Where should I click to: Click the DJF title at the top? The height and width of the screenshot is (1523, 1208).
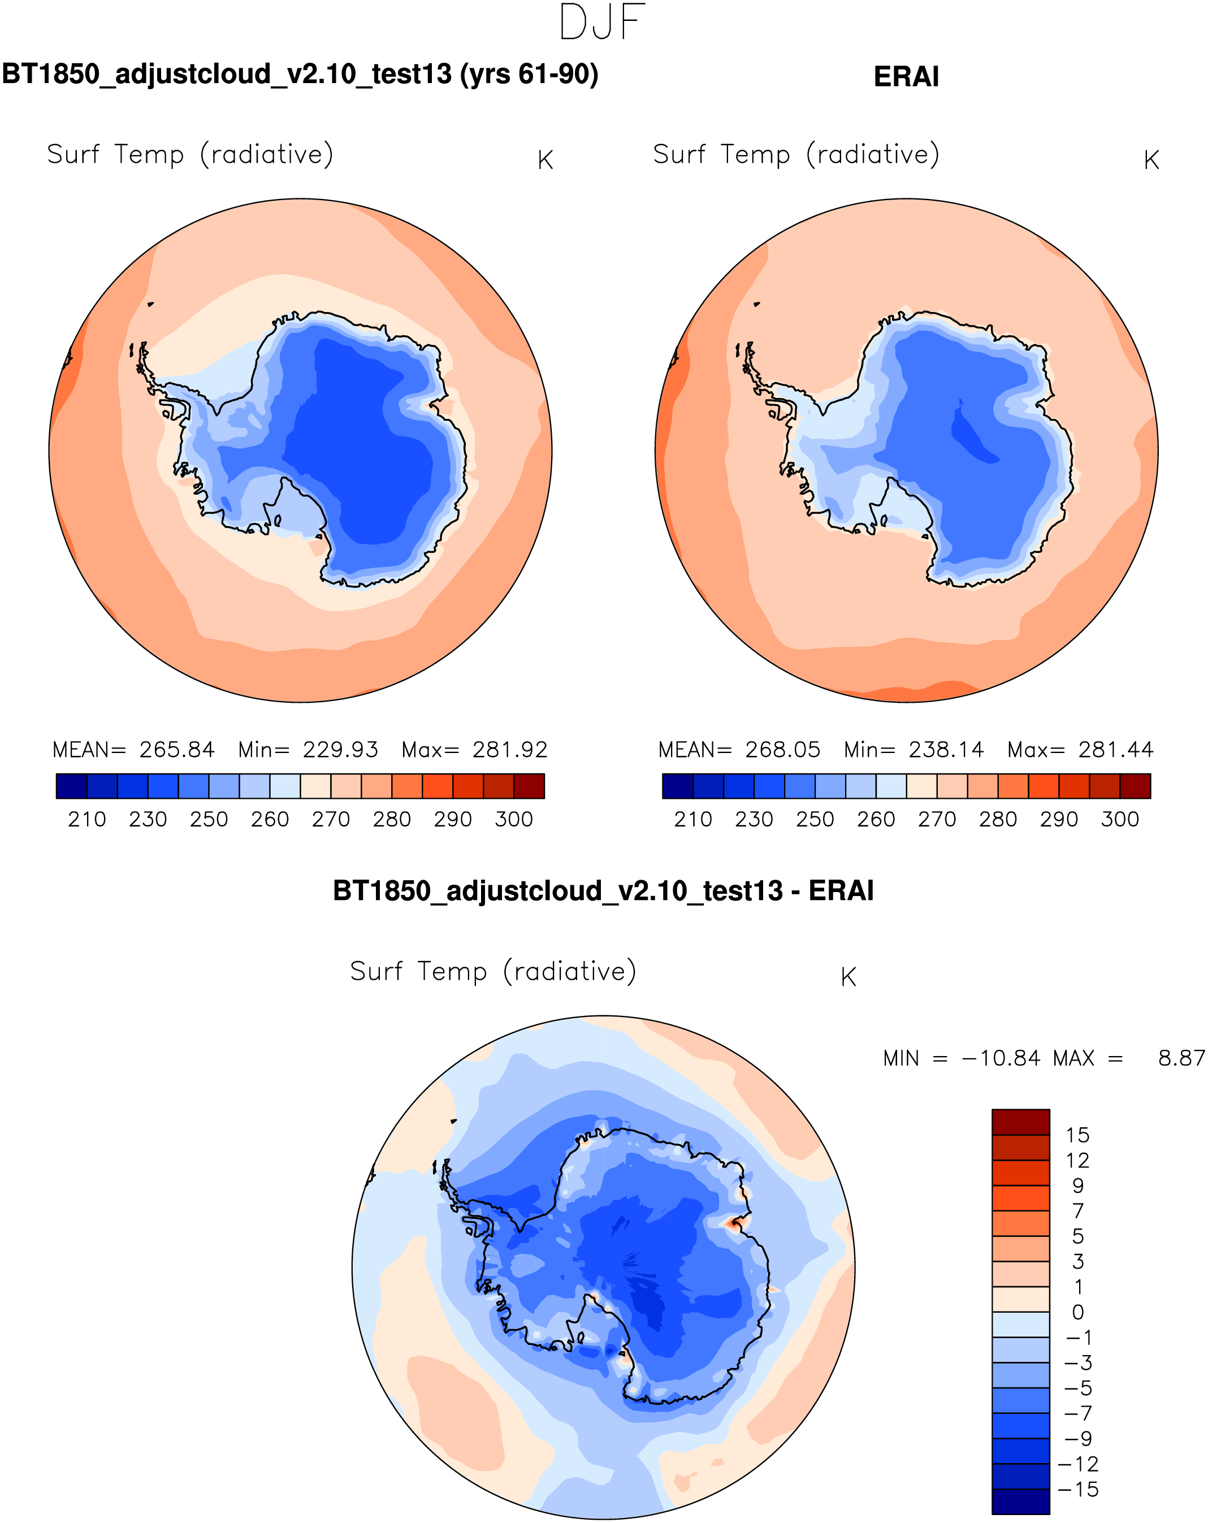point(602,23)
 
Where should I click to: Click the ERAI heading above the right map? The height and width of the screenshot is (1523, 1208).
point(906,77)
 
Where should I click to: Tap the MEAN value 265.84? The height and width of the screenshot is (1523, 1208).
point(176,750)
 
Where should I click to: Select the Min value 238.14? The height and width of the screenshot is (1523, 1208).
point(945,750)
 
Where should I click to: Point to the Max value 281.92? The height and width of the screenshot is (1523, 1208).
point(509,750)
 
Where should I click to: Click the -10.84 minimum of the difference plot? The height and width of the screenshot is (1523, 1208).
point(1001,1058)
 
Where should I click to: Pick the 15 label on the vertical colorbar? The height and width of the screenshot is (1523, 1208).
point(1077,1135)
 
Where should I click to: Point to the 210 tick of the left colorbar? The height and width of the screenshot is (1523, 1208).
point(87,819)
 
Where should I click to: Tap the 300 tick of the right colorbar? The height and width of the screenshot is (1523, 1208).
point(1120,819)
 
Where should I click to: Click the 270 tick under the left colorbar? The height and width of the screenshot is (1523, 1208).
point(331,819)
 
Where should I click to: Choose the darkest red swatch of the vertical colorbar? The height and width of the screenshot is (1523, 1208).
point(1020,1122)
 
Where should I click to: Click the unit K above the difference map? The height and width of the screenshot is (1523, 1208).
point(848,977)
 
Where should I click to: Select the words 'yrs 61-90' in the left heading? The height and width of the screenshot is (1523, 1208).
point(529,74)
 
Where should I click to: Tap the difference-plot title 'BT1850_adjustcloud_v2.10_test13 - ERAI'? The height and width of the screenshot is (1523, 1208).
point(603,891)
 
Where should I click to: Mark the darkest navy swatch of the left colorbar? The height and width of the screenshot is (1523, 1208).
point(71,785)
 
